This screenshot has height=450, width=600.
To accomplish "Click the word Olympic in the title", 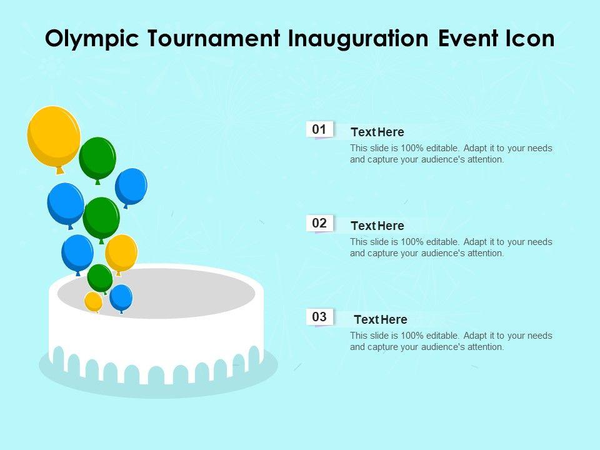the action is point(92,39).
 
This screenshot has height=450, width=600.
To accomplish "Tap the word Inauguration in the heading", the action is point(358,39).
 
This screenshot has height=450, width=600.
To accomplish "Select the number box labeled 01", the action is point(319,129).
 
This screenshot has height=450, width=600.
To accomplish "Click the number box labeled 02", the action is point(319,223).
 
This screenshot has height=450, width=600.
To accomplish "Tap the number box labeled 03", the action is point(319,317).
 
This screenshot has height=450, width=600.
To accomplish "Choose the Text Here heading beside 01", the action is point(377,132).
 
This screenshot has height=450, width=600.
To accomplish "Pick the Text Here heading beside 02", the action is point(377,226).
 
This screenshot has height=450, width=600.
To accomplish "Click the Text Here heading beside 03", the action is point(381,319).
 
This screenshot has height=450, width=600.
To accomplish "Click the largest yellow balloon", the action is point(54,137).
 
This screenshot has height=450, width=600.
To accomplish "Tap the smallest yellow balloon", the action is point(93,301).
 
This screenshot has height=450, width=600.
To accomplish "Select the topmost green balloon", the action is point(97,158).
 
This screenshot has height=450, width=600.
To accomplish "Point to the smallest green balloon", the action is point(100,278).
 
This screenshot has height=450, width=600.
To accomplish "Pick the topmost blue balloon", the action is point(131,187).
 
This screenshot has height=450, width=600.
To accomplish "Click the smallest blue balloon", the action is point(121,297).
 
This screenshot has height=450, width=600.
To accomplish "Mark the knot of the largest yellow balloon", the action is point(60,170).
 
